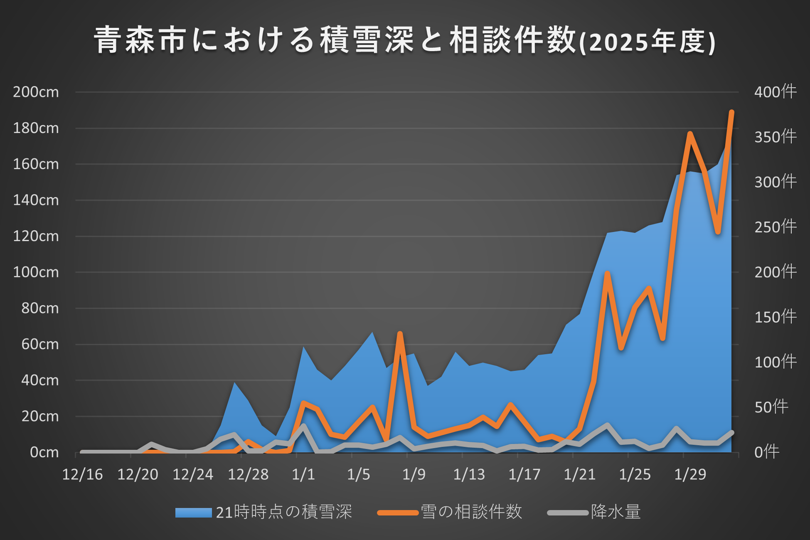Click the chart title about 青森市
(405, 40)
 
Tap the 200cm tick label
(36, 92)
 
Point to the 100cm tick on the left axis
(36, 272)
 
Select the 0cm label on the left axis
(44, 452)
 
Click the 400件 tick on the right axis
(776, 92)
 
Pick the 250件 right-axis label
(776, 227)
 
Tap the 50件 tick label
(771, 407)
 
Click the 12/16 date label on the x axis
(82, 474)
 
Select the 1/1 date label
(303, 474)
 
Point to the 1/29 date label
(690, 474)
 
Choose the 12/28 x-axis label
(248, 474)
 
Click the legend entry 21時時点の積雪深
(263, 512)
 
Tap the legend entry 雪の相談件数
(450, 512)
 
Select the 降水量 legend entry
(594, 512)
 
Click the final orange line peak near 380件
(731, 112)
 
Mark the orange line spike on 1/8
(400, 333)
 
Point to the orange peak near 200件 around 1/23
(607, 273)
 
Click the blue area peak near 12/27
(234, 382)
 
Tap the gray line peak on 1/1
(303, 426)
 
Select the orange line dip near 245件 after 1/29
(718, 232)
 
